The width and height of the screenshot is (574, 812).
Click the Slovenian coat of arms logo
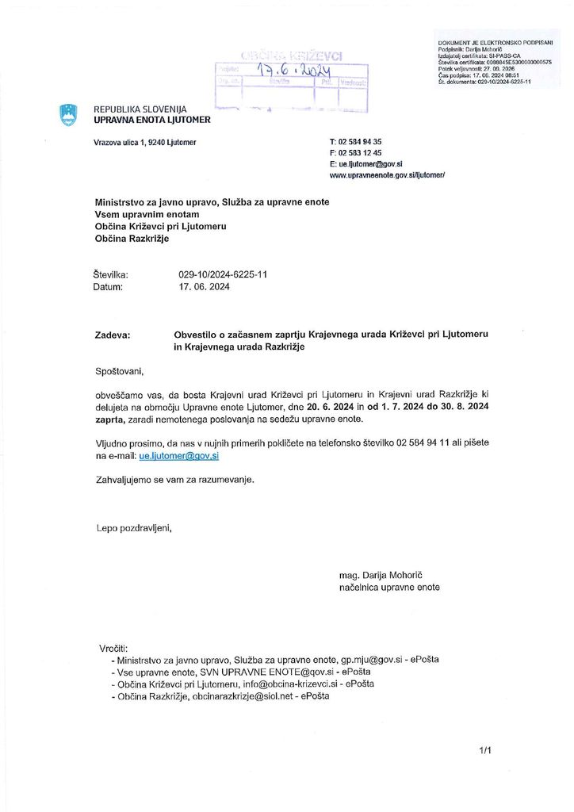click(68, 114)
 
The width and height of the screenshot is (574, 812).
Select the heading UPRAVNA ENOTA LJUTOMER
click(152, 120)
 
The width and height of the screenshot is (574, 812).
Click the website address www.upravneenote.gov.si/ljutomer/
click(387, 174)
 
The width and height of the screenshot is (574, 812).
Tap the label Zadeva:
click(113, 335)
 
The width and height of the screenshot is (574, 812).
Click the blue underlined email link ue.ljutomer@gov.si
click(178, 457)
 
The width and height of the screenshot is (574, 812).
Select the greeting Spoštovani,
click(121, 370)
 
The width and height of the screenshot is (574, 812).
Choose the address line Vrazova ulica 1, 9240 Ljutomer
click(144, 142)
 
